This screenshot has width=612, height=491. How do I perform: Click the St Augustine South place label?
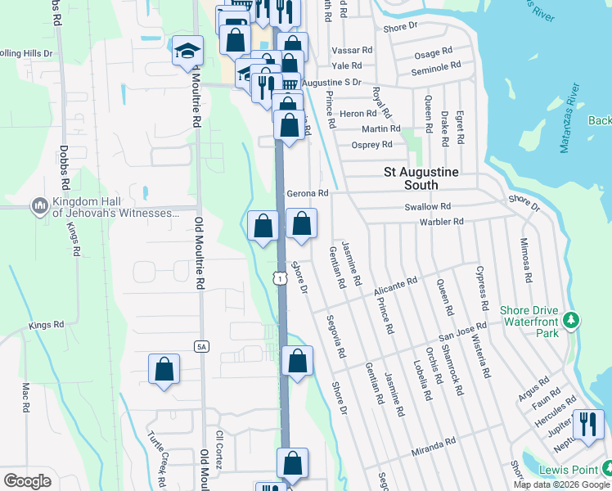point(421,173)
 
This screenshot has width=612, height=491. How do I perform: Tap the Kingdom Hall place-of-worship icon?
point(38,206)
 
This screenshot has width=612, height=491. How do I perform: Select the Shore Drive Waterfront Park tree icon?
point(574,318)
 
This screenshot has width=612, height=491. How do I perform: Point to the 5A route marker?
point(201,347)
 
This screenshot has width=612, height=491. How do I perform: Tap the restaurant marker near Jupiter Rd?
point(588,426)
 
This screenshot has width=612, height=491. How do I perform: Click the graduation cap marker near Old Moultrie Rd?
point(187,51)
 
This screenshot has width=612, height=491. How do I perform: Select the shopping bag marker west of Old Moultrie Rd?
point(164,369)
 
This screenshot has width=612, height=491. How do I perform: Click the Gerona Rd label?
point(308,194)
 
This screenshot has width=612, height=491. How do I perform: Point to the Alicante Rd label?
point(395,284)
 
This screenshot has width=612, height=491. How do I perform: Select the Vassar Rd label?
point(352,50)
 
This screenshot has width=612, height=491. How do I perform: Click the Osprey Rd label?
point(371,145)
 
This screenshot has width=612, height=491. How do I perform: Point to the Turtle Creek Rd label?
point(160,454)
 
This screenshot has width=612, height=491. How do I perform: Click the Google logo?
point(27,480)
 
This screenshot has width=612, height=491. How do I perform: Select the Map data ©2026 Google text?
point(560,484)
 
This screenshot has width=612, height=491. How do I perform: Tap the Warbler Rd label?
point(442,222)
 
